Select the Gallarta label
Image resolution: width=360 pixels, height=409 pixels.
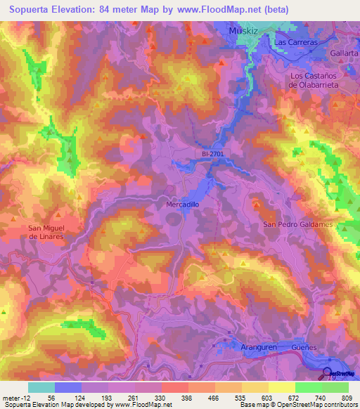(x=344, y=53)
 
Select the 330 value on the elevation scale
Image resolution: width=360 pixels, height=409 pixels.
(x=161, y=398)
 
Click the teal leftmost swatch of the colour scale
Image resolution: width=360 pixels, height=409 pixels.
(x=41, y=387)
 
